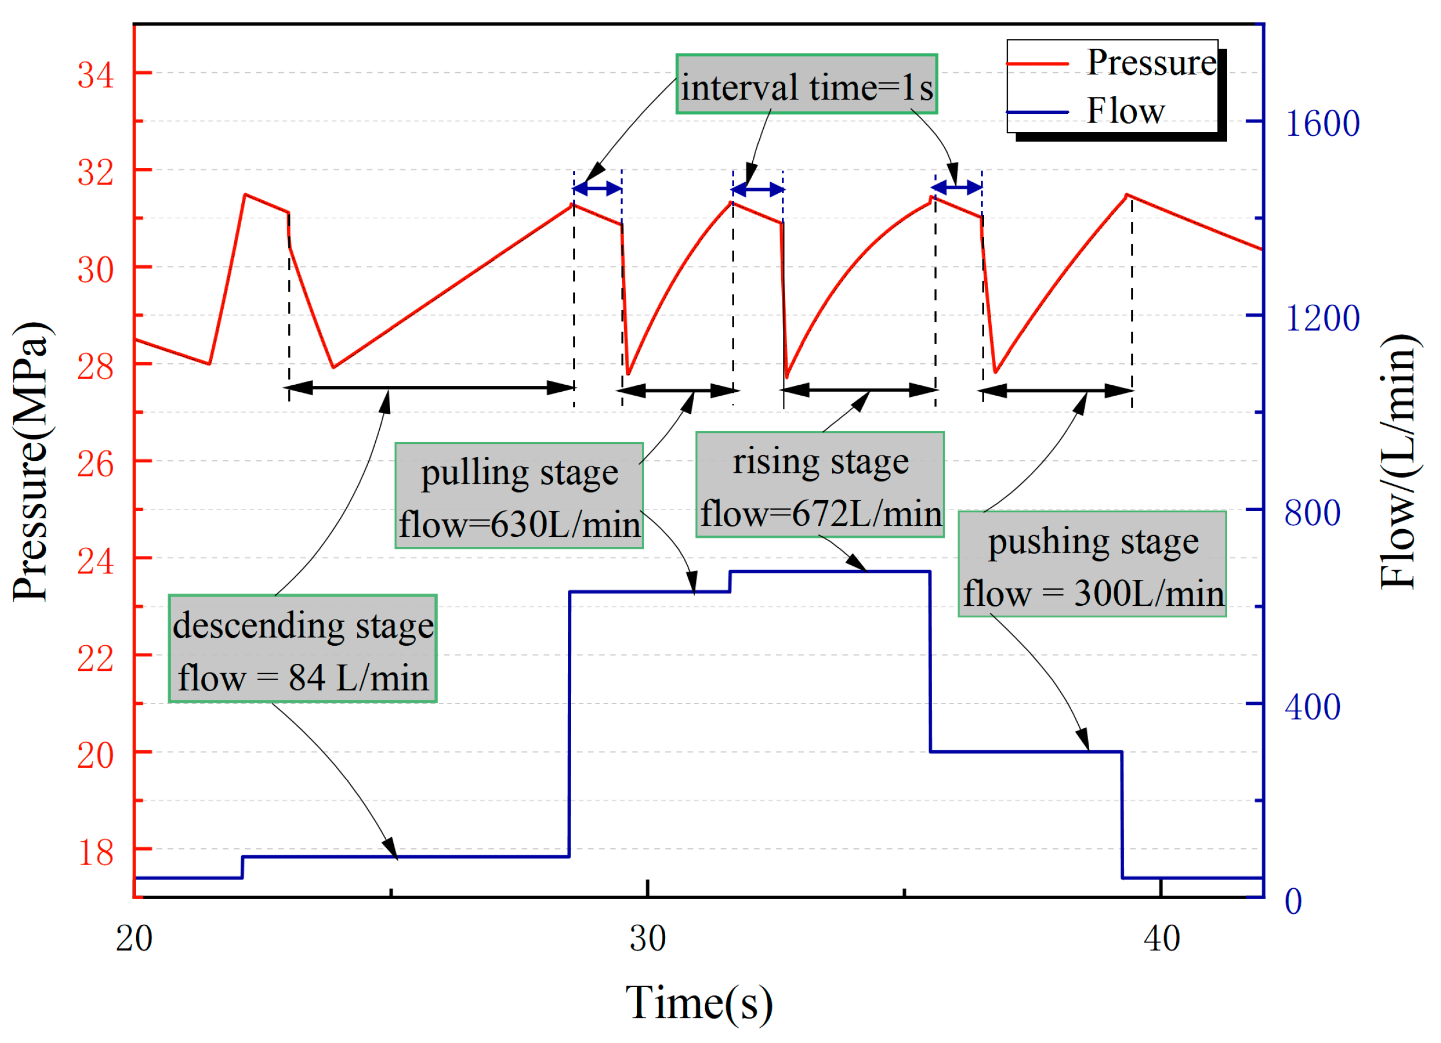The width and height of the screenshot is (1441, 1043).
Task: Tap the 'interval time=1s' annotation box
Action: point(806,84)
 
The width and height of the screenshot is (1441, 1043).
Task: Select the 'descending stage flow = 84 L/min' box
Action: point(303,649)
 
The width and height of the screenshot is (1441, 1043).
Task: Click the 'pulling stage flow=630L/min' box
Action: point(519,496)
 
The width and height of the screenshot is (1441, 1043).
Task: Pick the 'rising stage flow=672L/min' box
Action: point(820,485)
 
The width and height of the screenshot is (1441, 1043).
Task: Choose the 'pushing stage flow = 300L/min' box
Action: point(1091,564)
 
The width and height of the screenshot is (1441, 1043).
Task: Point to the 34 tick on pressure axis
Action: point(95,74)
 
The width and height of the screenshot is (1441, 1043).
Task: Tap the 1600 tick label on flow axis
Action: point(1322,123)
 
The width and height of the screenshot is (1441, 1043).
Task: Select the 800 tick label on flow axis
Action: point(1311,512)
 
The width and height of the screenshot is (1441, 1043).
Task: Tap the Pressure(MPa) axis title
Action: point(30,461)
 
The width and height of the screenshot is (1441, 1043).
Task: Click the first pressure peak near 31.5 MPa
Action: point(246,195)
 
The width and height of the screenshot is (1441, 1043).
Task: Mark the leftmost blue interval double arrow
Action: point(597,188)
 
